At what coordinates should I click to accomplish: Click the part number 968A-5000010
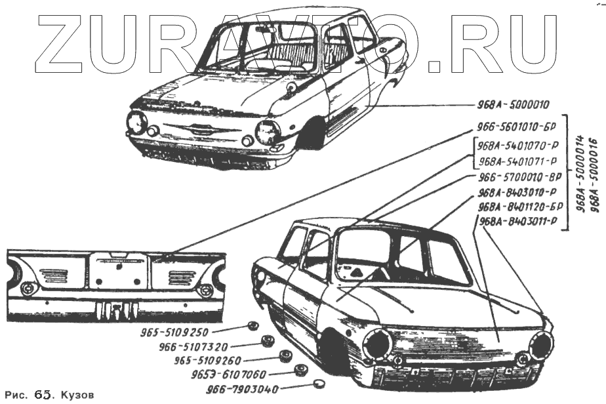pyautogui.click(x=514, y=105)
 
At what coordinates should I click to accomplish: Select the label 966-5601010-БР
pyautogui.click(x=517, y=129)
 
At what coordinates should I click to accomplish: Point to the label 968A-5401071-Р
pyautogui.click(x=518, y=161)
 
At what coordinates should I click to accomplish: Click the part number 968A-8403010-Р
pyautogui.click(x=518, y=193)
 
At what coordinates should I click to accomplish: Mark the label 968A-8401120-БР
pyautogui.click(x=519, y=207)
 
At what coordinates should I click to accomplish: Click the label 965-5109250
pyautogui.click(x=174, y=332)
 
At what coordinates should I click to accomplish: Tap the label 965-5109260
pyautogui.click(x=208, y=360)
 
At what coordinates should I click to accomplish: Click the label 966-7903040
pyautogui.click(x=242, y=389)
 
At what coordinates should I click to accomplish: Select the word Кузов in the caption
pyautogui.click(x=78, y=395)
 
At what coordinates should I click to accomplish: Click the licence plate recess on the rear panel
pyautogui.click(x=118, y=270)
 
